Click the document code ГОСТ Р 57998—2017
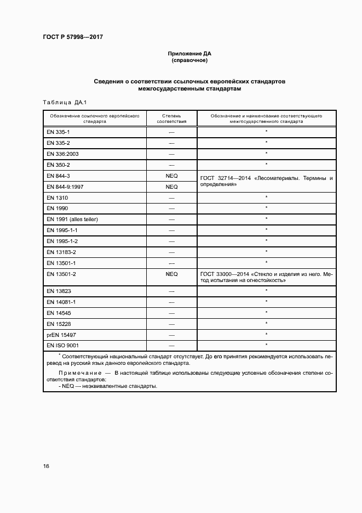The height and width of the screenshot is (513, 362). (x=72, y=37)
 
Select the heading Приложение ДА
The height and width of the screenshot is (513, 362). (x=189, y=54)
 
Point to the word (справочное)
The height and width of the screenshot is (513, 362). (x=189, y=60)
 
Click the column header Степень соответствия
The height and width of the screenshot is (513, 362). (x=171, y=119)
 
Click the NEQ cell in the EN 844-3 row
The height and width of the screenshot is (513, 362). (x=171, y=176)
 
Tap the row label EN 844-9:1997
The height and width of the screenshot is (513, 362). (x=65, y=187)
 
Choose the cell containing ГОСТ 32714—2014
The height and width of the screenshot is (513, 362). (x=266, y=182)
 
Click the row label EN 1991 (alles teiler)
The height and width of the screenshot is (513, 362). (x=72, y=219)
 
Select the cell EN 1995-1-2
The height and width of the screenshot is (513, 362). (x=62, y=241)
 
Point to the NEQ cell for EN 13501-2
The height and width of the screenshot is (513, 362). (x=171, y=274)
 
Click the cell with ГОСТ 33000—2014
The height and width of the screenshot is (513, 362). (x=266, y=277)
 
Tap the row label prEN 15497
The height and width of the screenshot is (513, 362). (x=61, y=334)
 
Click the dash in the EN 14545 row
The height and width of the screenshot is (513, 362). (x=171, y=312)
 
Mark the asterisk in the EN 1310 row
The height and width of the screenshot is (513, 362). (x=266, y=197)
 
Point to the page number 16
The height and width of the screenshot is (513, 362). (x=46, y=466)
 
